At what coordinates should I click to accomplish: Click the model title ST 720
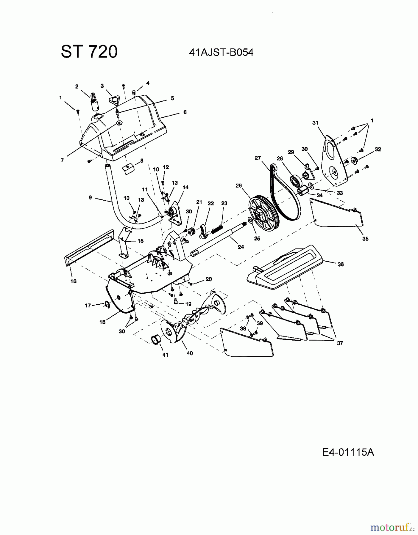(x=89, y=52)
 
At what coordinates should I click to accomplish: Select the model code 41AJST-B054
(x=221, y=53)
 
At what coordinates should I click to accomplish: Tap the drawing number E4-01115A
(x=348, y=452)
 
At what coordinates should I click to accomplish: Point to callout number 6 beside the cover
(x=185, y=112)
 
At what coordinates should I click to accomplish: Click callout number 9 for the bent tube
(x=90, y=197)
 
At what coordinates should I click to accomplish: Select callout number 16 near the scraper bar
(x=74, y=281)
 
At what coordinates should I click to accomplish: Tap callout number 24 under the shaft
(x=241, y=247)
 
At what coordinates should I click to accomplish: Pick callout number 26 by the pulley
(x=239, y=185)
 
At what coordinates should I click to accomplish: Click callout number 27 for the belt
(x=258, y=158)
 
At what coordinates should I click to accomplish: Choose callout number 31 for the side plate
(x=315, y=123)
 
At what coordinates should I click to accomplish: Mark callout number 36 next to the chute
(x=341, y=264)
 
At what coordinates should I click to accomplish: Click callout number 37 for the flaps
(x=340, y=343)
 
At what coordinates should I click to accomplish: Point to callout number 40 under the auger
(x=190, y=353)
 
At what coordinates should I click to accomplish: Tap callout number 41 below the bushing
(x=165, y=355)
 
